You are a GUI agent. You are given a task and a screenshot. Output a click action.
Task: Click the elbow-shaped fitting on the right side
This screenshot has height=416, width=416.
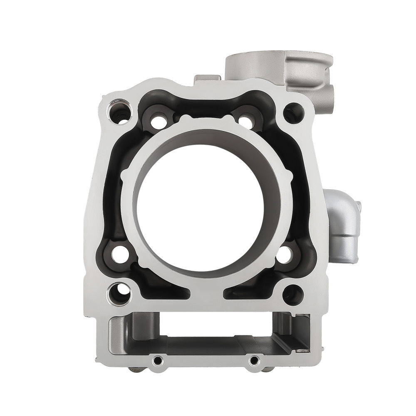[x=343, y=225]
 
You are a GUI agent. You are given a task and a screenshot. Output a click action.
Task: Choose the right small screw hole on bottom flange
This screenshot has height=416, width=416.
[x=254, y=360]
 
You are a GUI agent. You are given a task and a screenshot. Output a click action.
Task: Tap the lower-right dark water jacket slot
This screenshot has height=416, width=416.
[x=245, y=293]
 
